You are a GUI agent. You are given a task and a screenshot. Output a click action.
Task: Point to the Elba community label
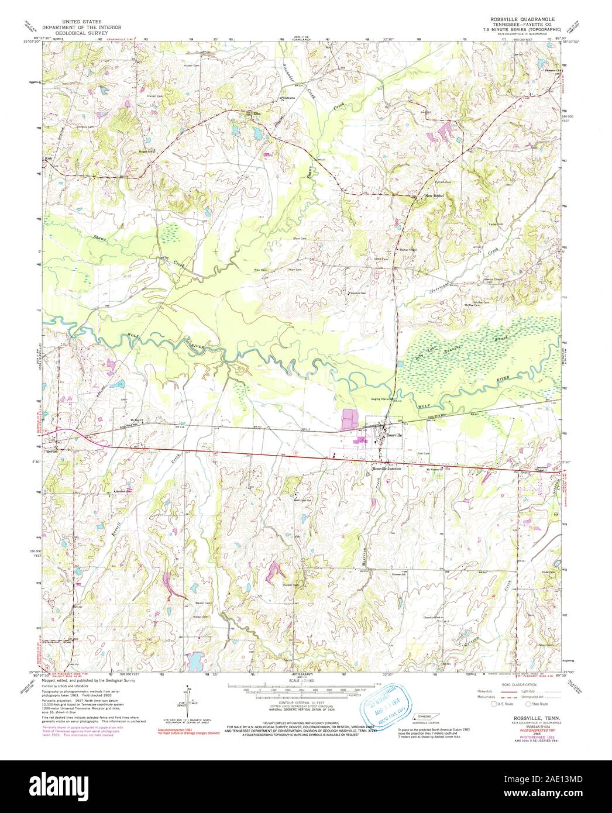tap(256, 115)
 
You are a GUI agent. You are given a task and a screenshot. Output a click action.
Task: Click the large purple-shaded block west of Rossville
tap(349, 420)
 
